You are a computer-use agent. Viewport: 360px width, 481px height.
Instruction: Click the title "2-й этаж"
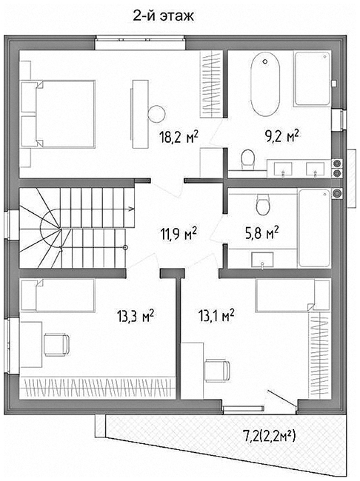click(x=163, y=16)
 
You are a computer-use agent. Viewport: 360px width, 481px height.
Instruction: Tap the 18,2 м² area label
click(x=179, y=137)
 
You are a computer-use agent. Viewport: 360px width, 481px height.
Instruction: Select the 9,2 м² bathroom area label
click(x=282, y=136)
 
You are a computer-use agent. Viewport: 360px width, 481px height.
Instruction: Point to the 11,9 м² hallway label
click(x=179, y=235)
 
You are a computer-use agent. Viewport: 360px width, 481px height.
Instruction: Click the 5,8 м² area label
click(x=261, y=232)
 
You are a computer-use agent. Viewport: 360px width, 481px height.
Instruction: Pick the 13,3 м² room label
click(x=135, y=316)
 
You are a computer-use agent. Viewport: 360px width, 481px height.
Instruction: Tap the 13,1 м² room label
click(x=216, y=315)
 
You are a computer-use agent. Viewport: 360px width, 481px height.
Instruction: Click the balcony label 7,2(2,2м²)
click(x=269, y=436)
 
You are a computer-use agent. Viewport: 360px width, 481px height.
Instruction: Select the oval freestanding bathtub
click(x=265, y=84)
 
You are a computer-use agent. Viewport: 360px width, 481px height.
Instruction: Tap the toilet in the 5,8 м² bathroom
click(x=263, y=204)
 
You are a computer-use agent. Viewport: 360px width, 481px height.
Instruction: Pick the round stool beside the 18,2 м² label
click(x=156, y=114)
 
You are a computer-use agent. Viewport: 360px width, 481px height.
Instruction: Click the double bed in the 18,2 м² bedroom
click(x=58, y=114)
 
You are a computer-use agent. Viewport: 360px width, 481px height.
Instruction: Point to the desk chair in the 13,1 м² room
click(x=217, y=371)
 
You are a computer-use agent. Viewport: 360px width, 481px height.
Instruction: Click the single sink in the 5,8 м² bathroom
click(x=262, y=260)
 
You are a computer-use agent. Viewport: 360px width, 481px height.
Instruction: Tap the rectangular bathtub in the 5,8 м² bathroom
click(x=315, y=228)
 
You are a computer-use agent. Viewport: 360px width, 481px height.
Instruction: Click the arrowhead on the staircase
click(x=131, y=209)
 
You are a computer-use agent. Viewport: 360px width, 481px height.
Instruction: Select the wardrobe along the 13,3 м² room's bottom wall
click(x=97, y=388)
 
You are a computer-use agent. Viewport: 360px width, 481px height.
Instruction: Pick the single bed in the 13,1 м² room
click(x=293, y=295)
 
